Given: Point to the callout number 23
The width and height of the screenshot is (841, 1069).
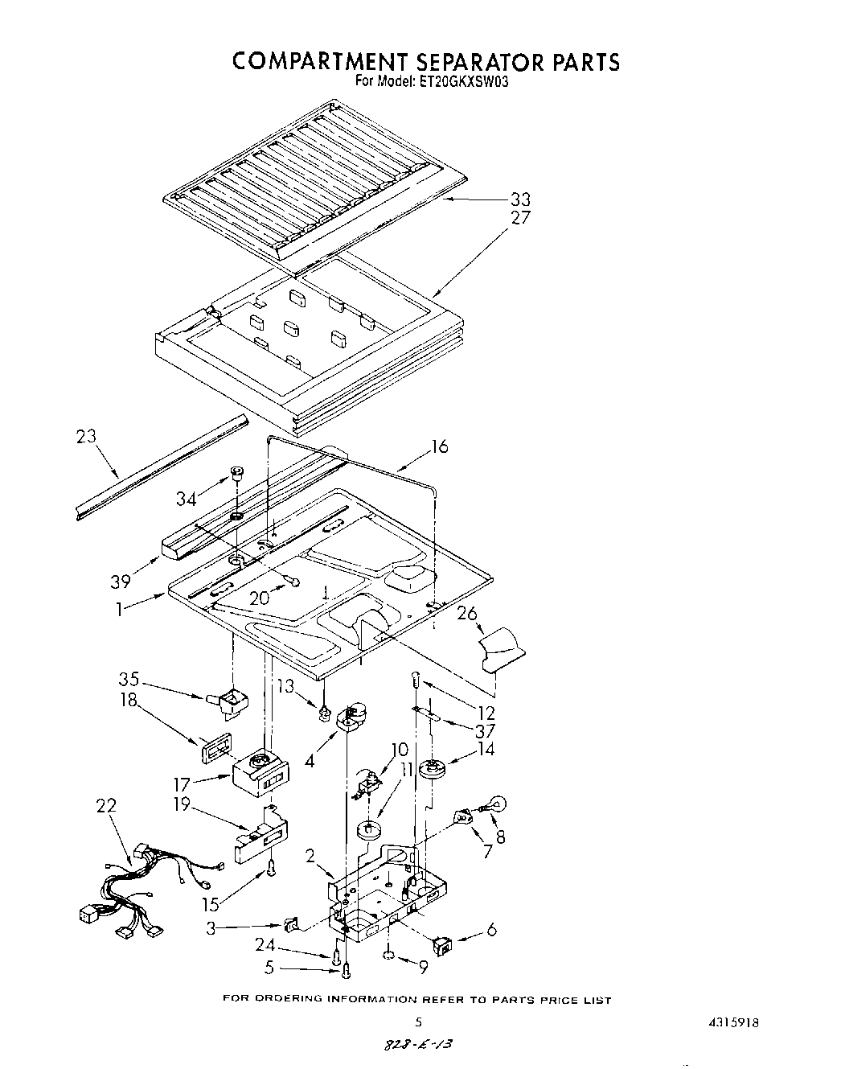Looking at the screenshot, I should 86,437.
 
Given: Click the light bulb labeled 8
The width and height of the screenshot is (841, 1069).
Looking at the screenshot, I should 497,803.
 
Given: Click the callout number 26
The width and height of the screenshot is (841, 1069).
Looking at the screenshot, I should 467,613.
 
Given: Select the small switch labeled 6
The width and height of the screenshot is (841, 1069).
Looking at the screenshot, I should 442,946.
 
